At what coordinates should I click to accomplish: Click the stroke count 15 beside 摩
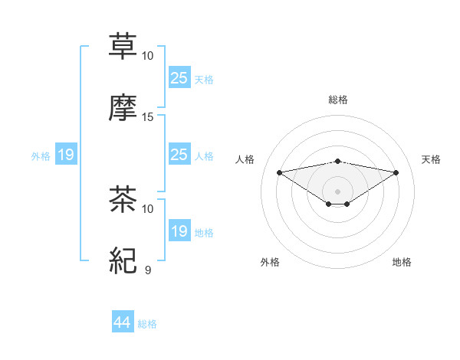148,117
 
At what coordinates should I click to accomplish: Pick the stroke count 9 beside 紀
148,270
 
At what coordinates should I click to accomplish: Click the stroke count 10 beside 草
148,56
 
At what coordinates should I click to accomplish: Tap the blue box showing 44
122,322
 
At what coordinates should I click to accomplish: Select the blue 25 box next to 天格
179,77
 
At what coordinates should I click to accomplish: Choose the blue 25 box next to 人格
179,155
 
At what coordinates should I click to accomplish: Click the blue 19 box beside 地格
179,231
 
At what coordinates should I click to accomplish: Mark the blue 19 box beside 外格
65,155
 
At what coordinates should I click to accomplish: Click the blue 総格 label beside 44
147,324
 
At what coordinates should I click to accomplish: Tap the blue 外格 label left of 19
41,156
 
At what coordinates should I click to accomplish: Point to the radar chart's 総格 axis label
337,100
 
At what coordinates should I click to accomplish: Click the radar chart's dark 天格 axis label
431,159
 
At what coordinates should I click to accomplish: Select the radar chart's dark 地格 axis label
402,262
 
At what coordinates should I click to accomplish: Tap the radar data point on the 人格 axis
279,172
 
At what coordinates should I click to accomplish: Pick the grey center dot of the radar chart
337,191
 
